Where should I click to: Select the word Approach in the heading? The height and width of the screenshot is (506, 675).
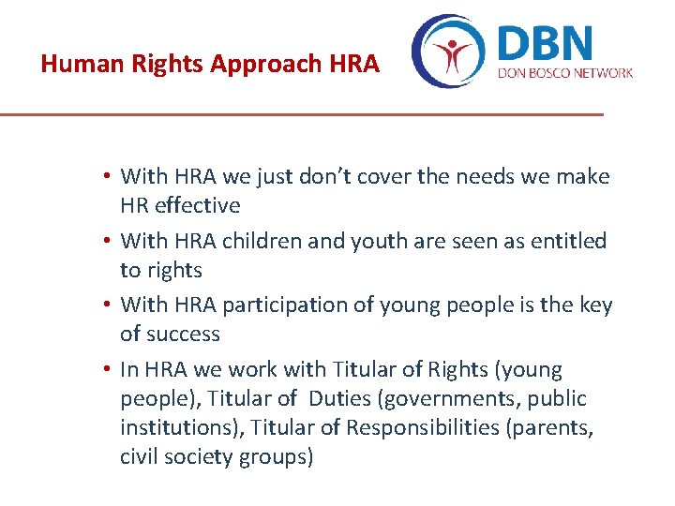tap(276, 65)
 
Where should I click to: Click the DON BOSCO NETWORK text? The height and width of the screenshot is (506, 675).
tap(564, 73)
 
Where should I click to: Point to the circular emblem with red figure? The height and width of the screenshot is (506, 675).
tap(450, 52)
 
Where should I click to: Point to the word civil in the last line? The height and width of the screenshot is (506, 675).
tap(139, 456)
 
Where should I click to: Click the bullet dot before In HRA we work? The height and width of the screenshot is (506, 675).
tap(109, 370)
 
